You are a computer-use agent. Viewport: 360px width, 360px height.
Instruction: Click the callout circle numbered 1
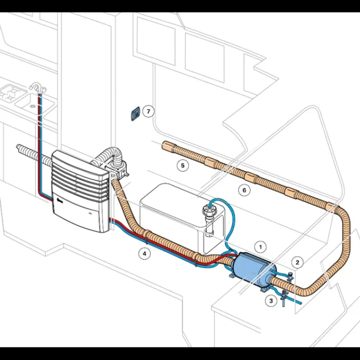tap(261, 247)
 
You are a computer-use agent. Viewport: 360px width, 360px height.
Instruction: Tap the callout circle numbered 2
tap(297, 262)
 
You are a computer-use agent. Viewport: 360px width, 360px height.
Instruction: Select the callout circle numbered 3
tap(271, 301)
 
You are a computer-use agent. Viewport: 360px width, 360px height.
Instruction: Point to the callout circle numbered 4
tap(144, 254)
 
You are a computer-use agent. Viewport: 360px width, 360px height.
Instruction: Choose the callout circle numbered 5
tap(183, 166)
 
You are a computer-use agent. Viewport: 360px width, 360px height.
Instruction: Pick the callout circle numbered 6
tap(244, 190)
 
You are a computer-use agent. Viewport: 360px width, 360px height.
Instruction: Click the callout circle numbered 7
tap(148, 111)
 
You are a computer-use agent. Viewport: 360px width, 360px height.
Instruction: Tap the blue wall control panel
tap(135, 114)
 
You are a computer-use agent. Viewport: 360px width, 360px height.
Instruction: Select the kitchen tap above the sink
tap(38, 87)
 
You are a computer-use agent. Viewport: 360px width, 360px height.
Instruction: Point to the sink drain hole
tap(33, 106)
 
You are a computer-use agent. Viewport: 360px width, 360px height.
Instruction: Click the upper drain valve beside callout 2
tap(290, 277)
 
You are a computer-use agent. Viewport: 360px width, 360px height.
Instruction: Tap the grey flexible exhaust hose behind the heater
tap(109, 156)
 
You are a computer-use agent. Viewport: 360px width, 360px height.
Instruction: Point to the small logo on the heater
tap(59, 202)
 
